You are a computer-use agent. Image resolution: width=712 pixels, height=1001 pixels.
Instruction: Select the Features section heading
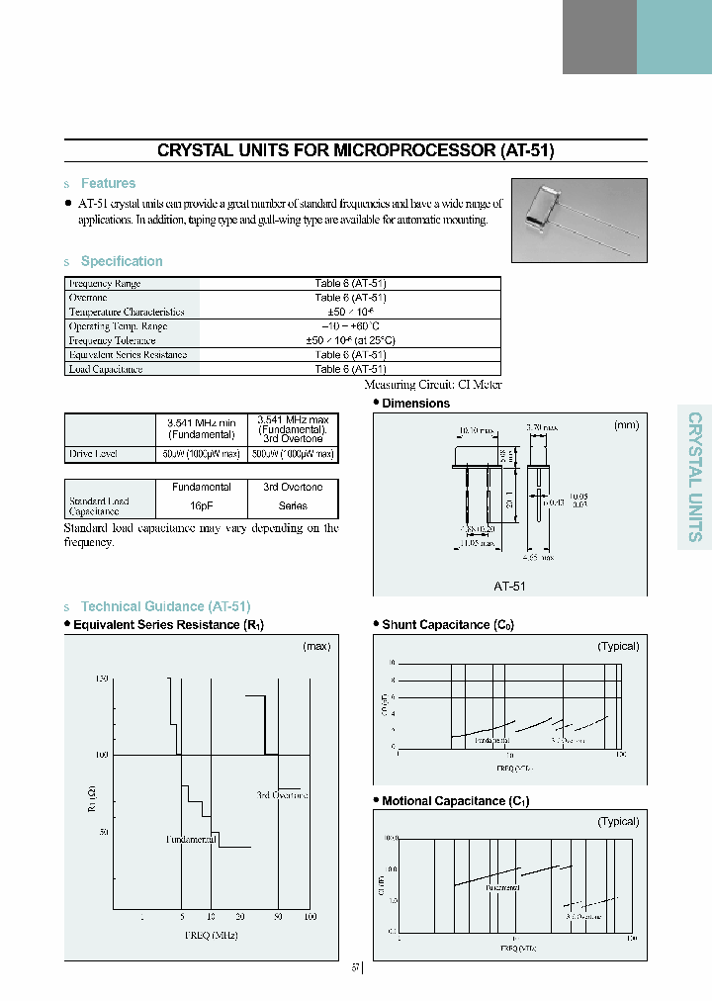pos(108,183)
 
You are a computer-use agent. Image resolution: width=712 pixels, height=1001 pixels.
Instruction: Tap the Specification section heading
pos(122,261)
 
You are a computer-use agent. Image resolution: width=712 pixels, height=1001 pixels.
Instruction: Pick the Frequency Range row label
pos(104,284)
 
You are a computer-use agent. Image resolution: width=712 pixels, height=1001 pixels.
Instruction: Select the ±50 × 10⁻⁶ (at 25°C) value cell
pos(350,340)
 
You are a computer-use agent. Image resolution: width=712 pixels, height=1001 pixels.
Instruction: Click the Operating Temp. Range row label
pos(118,326)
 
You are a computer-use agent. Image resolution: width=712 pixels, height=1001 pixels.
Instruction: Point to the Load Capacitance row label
pos(106,369)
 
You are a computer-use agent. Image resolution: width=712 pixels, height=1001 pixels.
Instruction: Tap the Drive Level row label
pos(95,454)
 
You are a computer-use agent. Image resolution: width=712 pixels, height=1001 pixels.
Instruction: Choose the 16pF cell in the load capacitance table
pos(201,505)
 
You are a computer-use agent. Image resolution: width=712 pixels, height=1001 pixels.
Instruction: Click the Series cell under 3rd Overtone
pos(293,505)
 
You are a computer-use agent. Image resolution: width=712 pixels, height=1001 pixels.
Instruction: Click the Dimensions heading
pos(415,404)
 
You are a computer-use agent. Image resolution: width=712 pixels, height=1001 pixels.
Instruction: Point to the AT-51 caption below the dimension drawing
pos(509,585)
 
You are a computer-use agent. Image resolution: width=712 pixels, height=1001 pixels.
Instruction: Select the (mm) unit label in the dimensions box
pos(626,424)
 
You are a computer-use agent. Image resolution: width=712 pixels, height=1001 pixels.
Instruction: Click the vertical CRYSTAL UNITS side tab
pos(694,476)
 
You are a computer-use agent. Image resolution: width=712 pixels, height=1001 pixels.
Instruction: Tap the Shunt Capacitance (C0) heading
pos(447,625)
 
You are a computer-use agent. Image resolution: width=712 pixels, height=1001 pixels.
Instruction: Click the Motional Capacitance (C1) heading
pos(455,801)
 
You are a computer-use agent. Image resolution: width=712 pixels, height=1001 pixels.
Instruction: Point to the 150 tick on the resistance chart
pos(101,679)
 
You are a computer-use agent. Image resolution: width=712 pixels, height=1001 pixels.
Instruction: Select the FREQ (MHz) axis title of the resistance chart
pos(211,935)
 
